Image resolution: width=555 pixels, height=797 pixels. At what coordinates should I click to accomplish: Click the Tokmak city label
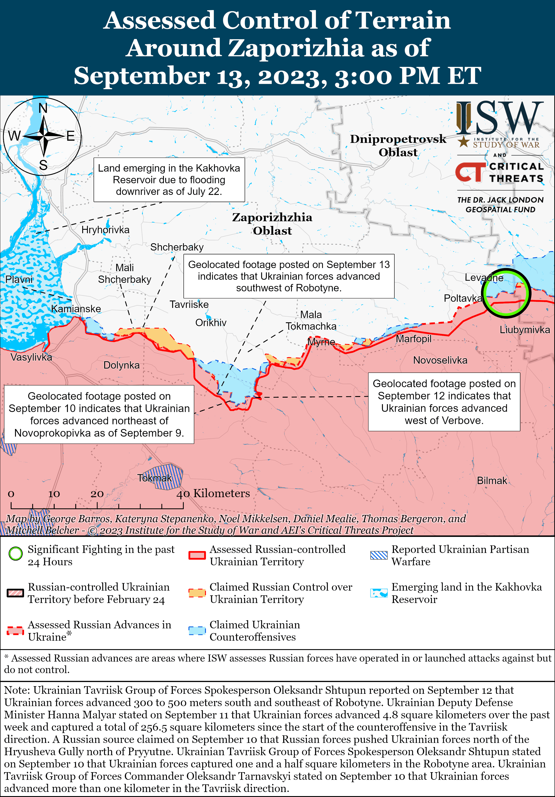tap(154, 478)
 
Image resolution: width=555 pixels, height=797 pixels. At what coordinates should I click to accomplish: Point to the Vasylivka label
tap(31, 357)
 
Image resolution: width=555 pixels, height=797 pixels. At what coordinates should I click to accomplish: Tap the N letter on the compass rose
tap(43, 108)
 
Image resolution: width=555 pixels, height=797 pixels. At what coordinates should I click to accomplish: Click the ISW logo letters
tap(499, 118)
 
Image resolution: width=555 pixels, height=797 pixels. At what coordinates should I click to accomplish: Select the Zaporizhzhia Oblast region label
tap(272, 224)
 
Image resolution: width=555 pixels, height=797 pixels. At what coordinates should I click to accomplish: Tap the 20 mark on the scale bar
tap(97, 494)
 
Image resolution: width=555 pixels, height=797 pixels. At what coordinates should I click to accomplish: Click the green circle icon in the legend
tap(16, 554)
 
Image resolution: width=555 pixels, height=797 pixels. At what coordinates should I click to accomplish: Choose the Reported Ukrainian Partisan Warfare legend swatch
tap(379, 555)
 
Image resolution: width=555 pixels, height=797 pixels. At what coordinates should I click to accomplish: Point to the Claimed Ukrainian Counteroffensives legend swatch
tap(197, 630)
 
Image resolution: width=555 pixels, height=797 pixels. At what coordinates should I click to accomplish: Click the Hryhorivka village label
tap(105, 230)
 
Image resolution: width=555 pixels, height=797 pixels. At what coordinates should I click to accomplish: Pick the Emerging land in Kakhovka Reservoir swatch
tap(379, 593)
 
